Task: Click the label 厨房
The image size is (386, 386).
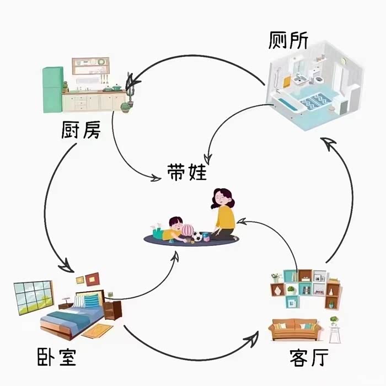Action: (x=81, y=131)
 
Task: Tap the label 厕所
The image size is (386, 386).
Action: (x=289, y=40)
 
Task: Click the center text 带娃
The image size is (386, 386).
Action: (x=187, y=172)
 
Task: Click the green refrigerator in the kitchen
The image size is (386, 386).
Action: (x=53, y=89)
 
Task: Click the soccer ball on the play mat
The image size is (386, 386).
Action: (x=197, y=237)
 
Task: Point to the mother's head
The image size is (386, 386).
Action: (x=222, y=197)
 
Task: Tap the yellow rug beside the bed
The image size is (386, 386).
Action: (x=98, y=331)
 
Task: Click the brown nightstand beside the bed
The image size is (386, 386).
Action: (x=113, y=310)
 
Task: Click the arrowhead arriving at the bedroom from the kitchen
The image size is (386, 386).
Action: (x=66, y=266)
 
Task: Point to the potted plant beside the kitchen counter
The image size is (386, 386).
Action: (x=127, y=105)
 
